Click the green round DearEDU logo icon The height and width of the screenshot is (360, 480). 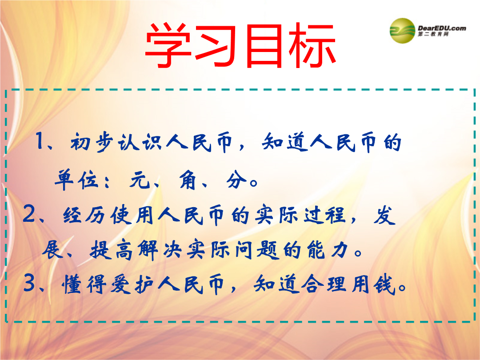(402, 31)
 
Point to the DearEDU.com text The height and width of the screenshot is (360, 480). (442, 28)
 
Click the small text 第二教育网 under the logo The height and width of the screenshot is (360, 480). (433, 34)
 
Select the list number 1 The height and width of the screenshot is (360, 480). (40, 141)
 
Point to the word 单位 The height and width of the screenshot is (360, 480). (76, 180)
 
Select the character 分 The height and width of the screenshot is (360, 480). (236, 180)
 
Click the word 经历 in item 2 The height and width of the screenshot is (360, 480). (84, 215)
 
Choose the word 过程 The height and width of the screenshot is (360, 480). (324, 215)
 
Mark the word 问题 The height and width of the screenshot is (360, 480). (257, 250)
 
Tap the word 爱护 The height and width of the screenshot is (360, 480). (132, 284)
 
